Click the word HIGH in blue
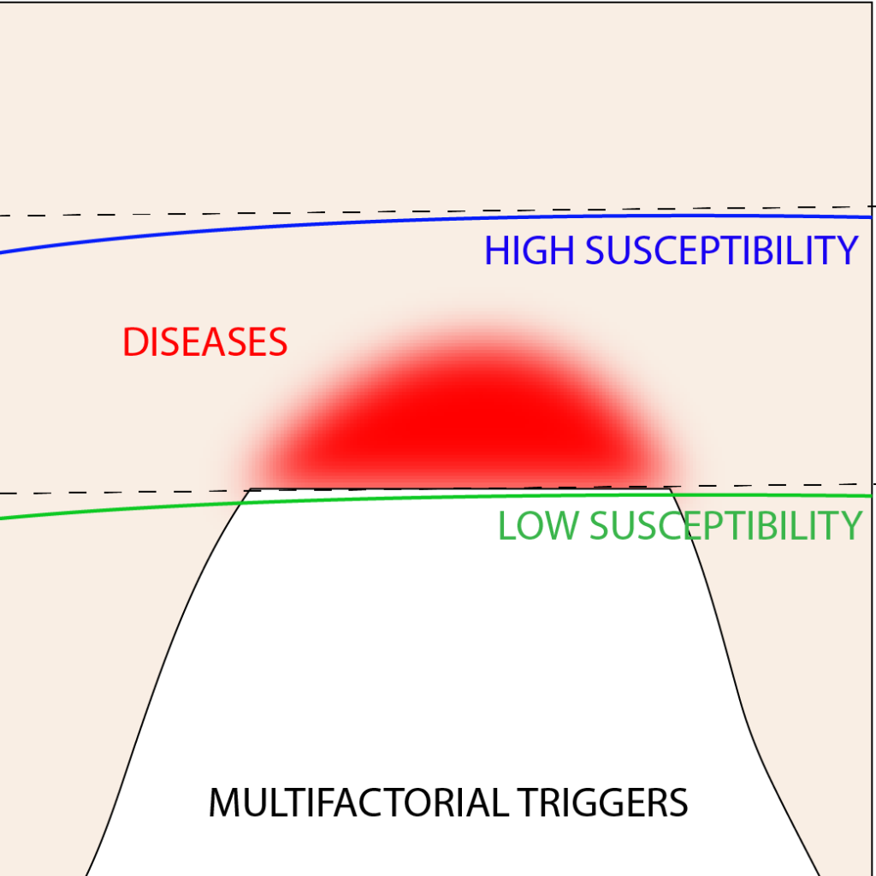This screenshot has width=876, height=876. pyautogui.click(x=529, y=251)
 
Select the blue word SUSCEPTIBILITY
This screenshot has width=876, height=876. pyautogui.click(x=721, y=251)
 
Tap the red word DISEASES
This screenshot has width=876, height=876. pyautogui.click(x=204, y=342)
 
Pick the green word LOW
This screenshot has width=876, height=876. pyautogui.click(x=538, y=526)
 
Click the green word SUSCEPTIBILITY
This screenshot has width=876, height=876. pyautogui.click(x=726, y=526)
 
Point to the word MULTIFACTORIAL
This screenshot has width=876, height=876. pyautogui.click(x=358, y=802)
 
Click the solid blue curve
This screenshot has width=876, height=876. pyautogui.click(x=435, y=221)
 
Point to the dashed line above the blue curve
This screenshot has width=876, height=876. pyautogui.click(x=435, y=210)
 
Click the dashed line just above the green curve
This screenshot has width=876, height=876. pyautogui.click(x=435, y=488)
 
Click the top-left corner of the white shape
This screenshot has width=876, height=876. pyautogui.click(x=249, y=489)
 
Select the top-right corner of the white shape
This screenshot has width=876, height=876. pyautogui.click(x=671, y=488)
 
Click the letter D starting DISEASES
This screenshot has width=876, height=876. pyautogui.click(x=133, y=342)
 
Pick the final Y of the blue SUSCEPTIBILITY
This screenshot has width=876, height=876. pyautogui.click(x=848, y=251)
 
